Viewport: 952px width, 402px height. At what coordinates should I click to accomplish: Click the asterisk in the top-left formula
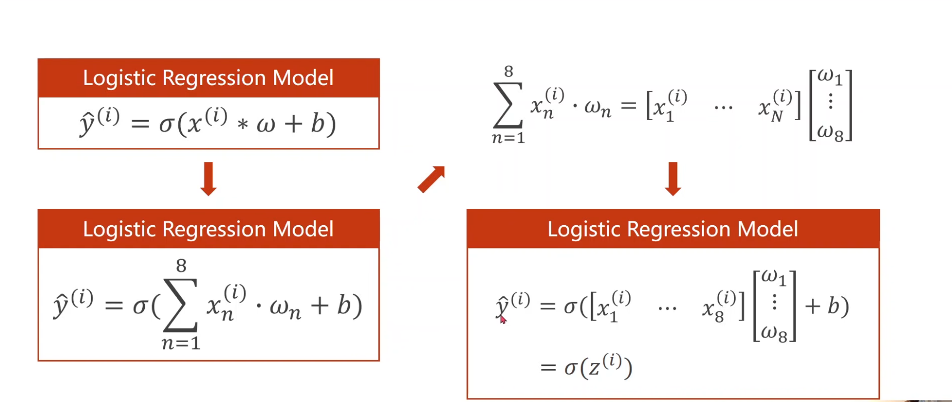tap(243, 124)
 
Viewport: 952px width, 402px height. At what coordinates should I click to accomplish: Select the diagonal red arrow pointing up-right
tap(431, 179)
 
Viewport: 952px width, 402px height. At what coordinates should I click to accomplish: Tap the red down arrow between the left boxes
tap(208, 178)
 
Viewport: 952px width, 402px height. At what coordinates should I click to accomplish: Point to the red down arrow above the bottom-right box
tap(673, 178)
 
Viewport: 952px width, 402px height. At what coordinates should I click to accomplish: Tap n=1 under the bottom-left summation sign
tap(180, 343)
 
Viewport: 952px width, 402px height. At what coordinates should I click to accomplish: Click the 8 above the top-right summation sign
tap(508, 71)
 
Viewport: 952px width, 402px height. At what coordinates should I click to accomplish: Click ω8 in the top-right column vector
tap(830, 132)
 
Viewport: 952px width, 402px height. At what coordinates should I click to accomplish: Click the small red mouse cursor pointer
tap(503, 320)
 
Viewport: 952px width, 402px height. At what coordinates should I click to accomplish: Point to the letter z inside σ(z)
tap(594, 368)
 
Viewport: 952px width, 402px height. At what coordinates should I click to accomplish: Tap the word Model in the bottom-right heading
tap(768, 229)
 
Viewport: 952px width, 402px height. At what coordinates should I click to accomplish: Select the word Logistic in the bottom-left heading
tap(120, 229)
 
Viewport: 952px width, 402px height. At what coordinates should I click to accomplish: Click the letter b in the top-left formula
tap(317, 123)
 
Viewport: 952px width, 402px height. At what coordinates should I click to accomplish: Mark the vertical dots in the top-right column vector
tap(830, 102)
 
